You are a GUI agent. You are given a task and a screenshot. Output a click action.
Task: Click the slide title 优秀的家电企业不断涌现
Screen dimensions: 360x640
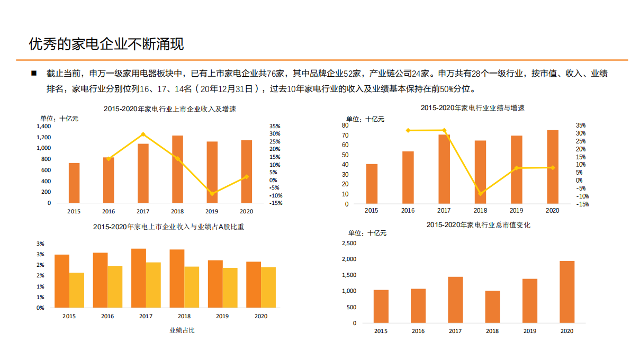tap(106, 44)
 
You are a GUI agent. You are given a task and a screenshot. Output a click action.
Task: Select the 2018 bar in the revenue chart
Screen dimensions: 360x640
tap(177, 169)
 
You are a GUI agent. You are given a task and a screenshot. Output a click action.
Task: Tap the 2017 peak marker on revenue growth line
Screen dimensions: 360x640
tap(143, 134)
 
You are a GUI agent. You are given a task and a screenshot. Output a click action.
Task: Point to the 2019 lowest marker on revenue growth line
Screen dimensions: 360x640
tap(212, 194)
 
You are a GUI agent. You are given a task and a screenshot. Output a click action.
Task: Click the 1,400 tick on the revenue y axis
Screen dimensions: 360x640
tap(44, 127)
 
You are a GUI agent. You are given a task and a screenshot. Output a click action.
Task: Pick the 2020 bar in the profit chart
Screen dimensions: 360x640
tap(553, 167)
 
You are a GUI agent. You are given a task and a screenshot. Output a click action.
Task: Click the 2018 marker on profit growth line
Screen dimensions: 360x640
tap(480, 194)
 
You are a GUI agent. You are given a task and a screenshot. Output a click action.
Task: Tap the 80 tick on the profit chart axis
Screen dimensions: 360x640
tap(345, 125)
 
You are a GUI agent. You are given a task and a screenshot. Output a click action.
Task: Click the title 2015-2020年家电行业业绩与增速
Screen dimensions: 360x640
tap(472, 108)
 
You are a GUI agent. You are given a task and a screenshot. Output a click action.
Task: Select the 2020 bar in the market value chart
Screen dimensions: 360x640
tap(567, 292)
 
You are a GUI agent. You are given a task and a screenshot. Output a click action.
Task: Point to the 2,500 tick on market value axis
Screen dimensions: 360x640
tap(349, 243)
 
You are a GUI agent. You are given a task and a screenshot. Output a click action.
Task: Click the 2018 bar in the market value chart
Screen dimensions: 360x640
tap(492, 307)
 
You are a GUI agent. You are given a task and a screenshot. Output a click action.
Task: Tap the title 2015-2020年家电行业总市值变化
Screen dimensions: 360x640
tap(478, 225)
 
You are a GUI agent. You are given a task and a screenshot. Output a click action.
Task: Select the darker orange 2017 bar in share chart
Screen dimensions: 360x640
tap(139, 278)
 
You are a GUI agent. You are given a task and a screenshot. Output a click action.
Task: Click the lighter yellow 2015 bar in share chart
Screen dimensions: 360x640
tap(77, 290)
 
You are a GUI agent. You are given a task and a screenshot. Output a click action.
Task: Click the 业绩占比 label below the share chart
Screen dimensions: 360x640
tap(182, 330)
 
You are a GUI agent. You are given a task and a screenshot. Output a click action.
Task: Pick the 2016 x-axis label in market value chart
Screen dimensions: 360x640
tap(418, 331)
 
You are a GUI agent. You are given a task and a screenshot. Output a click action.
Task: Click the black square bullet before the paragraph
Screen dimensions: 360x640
tap(34, 73)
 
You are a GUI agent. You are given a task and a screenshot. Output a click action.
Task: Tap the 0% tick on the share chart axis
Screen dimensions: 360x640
tap(41, 308)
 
